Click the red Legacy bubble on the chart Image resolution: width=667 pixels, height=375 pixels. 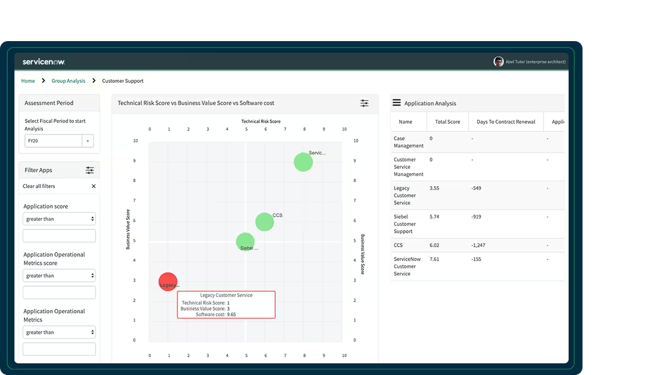(x=168, y=282)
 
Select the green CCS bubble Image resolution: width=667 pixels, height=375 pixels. (x=265, y=222)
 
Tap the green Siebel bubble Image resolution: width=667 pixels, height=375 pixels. (x=245, y=241)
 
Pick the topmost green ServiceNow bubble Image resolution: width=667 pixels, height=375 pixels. (x=303, y=162)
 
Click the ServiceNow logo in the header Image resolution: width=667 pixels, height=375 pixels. (x=44, y=62)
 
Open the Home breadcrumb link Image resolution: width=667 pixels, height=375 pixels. (x=28, y=81)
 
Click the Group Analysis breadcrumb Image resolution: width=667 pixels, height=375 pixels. (x=68, y=81)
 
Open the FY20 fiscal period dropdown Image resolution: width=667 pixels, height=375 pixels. (x=59, y=141)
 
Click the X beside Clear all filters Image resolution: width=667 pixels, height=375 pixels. (x=93, y=186)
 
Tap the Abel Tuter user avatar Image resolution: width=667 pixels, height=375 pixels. (x=499, y=62)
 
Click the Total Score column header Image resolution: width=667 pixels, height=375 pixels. (x=447, y=122)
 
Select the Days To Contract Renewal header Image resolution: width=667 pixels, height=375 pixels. (x=506, y=122)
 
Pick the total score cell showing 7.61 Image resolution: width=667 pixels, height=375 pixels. (x=435, y=259)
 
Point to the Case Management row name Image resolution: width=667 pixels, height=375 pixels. (x=408, y=142)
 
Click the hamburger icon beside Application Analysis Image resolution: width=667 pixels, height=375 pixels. (x=397, y=103)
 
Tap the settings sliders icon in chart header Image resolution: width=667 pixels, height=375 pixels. (x=365, y=103)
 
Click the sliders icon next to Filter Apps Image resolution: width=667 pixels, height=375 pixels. (x=89, y=170)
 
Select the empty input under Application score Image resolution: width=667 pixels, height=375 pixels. (x=59, y=236)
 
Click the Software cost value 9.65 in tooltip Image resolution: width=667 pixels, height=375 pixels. (x=231, y=314)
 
